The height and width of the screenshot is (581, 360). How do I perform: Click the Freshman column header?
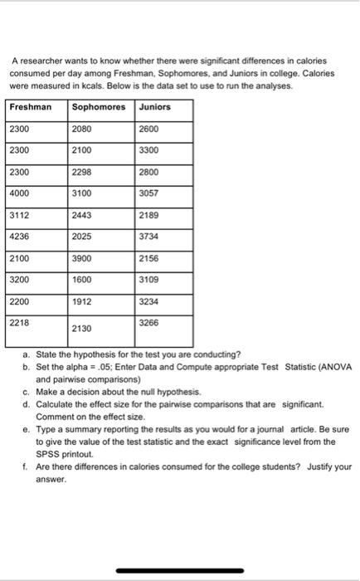(30, 107)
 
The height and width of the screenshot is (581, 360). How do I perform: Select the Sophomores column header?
(98, 107)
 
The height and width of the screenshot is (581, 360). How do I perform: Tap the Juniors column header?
(154, 107)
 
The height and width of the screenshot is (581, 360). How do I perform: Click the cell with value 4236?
(19, 236)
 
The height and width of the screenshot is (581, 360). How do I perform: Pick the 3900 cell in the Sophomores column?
(82, 258)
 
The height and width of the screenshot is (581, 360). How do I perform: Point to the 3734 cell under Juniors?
(149, 236)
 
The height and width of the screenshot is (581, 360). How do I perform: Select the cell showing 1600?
(82, 280)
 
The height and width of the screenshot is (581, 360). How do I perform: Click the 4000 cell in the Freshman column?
(19, 193)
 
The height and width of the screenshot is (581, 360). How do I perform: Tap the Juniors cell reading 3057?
(149, 193)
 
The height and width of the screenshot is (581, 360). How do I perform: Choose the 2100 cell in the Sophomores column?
(82, 149)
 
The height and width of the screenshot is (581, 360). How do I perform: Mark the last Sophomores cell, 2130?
(82, 328)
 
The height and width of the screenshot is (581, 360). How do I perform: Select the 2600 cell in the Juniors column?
(149, 129)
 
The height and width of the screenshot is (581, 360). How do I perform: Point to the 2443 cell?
(82, 214)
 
